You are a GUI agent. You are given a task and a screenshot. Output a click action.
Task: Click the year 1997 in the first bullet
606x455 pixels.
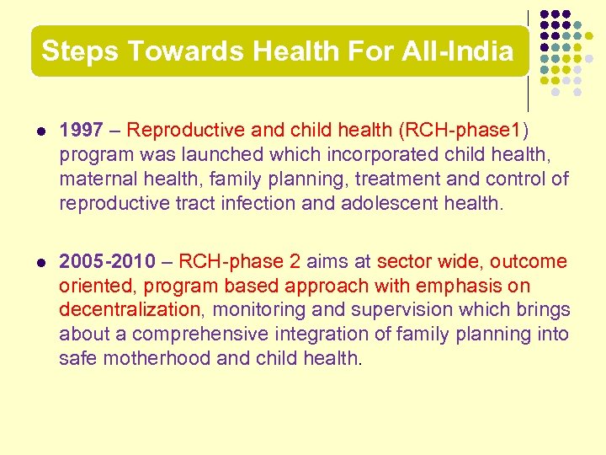tap(82, 131)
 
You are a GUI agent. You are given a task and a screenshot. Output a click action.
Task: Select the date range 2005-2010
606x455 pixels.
tap(108, 262)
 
